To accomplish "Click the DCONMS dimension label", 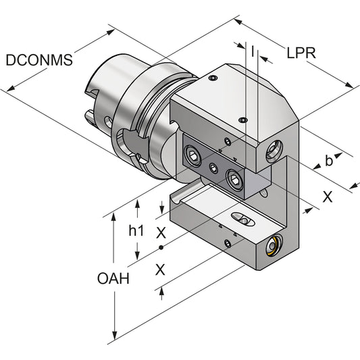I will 38,59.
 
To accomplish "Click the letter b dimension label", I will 329,161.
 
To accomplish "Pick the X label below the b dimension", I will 328,197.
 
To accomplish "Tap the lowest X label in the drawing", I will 161,269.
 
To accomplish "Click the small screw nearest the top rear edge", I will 213,80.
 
